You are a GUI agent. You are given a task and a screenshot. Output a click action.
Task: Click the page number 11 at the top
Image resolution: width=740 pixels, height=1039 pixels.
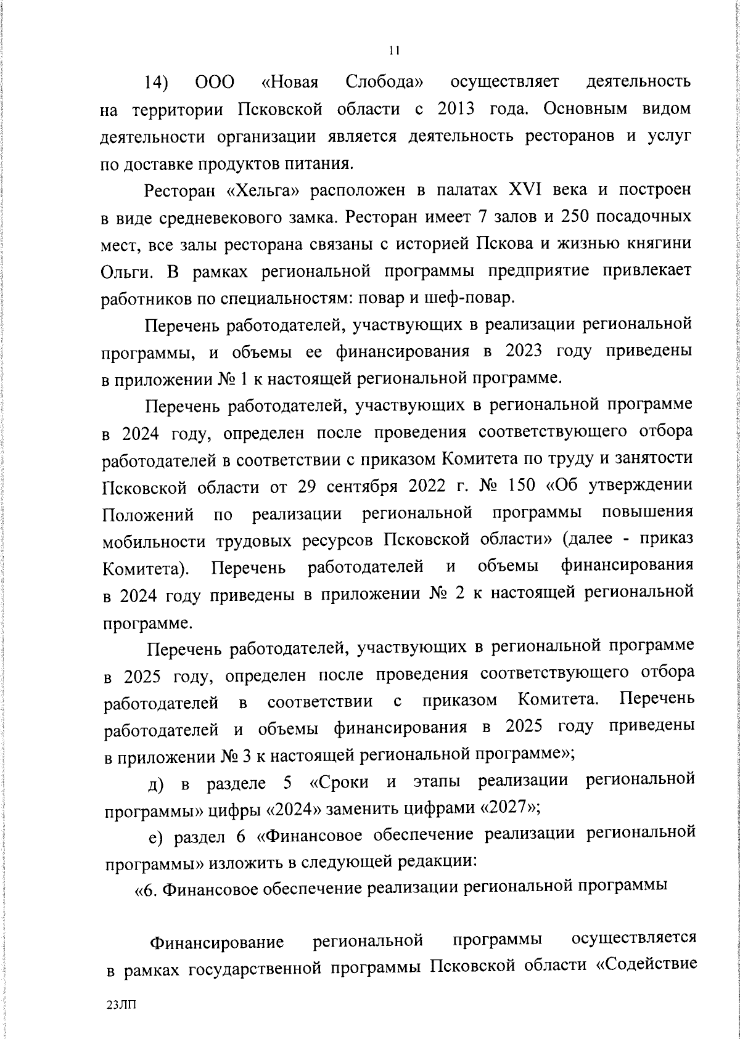395,51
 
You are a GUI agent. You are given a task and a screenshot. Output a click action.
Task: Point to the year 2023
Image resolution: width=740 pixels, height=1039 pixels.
523,351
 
